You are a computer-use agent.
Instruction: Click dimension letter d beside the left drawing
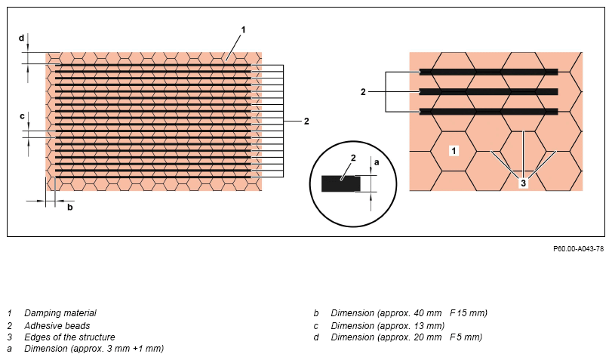21,38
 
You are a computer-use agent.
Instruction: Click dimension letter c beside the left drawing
22,116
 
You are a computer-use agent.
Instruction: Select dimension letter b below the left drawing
70,207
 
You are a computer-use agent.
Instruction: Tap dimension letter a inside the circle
377,162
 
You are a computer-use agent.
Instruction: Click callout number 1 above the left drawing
243,29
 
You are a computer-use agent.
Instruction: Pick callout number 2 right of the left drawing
306,122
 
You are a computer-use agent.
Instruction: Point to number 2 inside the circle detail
353,158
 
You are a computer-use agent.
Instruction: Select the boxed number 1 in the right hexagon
454,151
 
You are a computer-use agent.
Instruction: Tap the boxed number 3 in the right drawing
523,183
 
